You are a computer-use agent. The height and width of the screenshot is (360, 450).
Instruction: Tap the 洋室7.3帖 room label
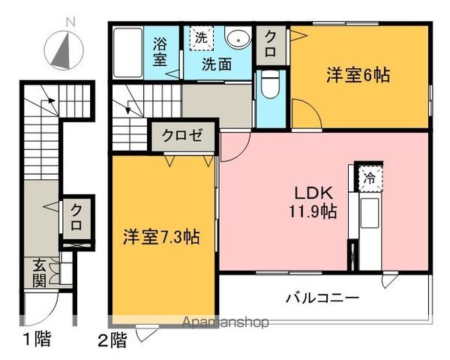[x=161, y=238]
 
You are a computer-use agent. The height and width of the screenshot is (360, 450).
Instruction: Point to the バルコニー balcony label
[x=322, y=298]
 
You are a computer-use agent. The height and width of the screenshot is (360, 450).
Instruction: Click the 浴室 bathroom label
[x=160, y=51]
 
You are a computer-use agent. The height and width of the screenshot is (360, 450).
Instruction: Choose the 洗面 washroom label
[x=220, y=64]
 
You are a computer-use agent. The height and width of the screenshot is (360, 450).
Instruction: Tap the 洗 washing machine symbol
[x=200, y=37]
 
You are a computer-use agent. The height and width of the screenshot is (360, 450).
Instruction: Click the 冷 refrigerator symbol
[x=370, y=178]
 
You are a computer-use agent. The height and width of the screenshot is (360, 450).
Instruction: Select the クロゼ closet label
[x=184, y=136]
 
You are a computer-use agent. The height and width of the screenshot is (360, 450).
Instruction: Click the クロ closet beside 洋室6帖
[x=269, y=45]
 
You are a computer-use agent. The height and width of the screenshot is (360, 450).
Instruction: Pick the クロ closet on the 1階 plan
[x=76, y=217]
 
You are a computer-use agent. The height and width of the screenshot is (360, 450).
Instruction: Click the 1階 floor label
[x=35, y=339]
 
